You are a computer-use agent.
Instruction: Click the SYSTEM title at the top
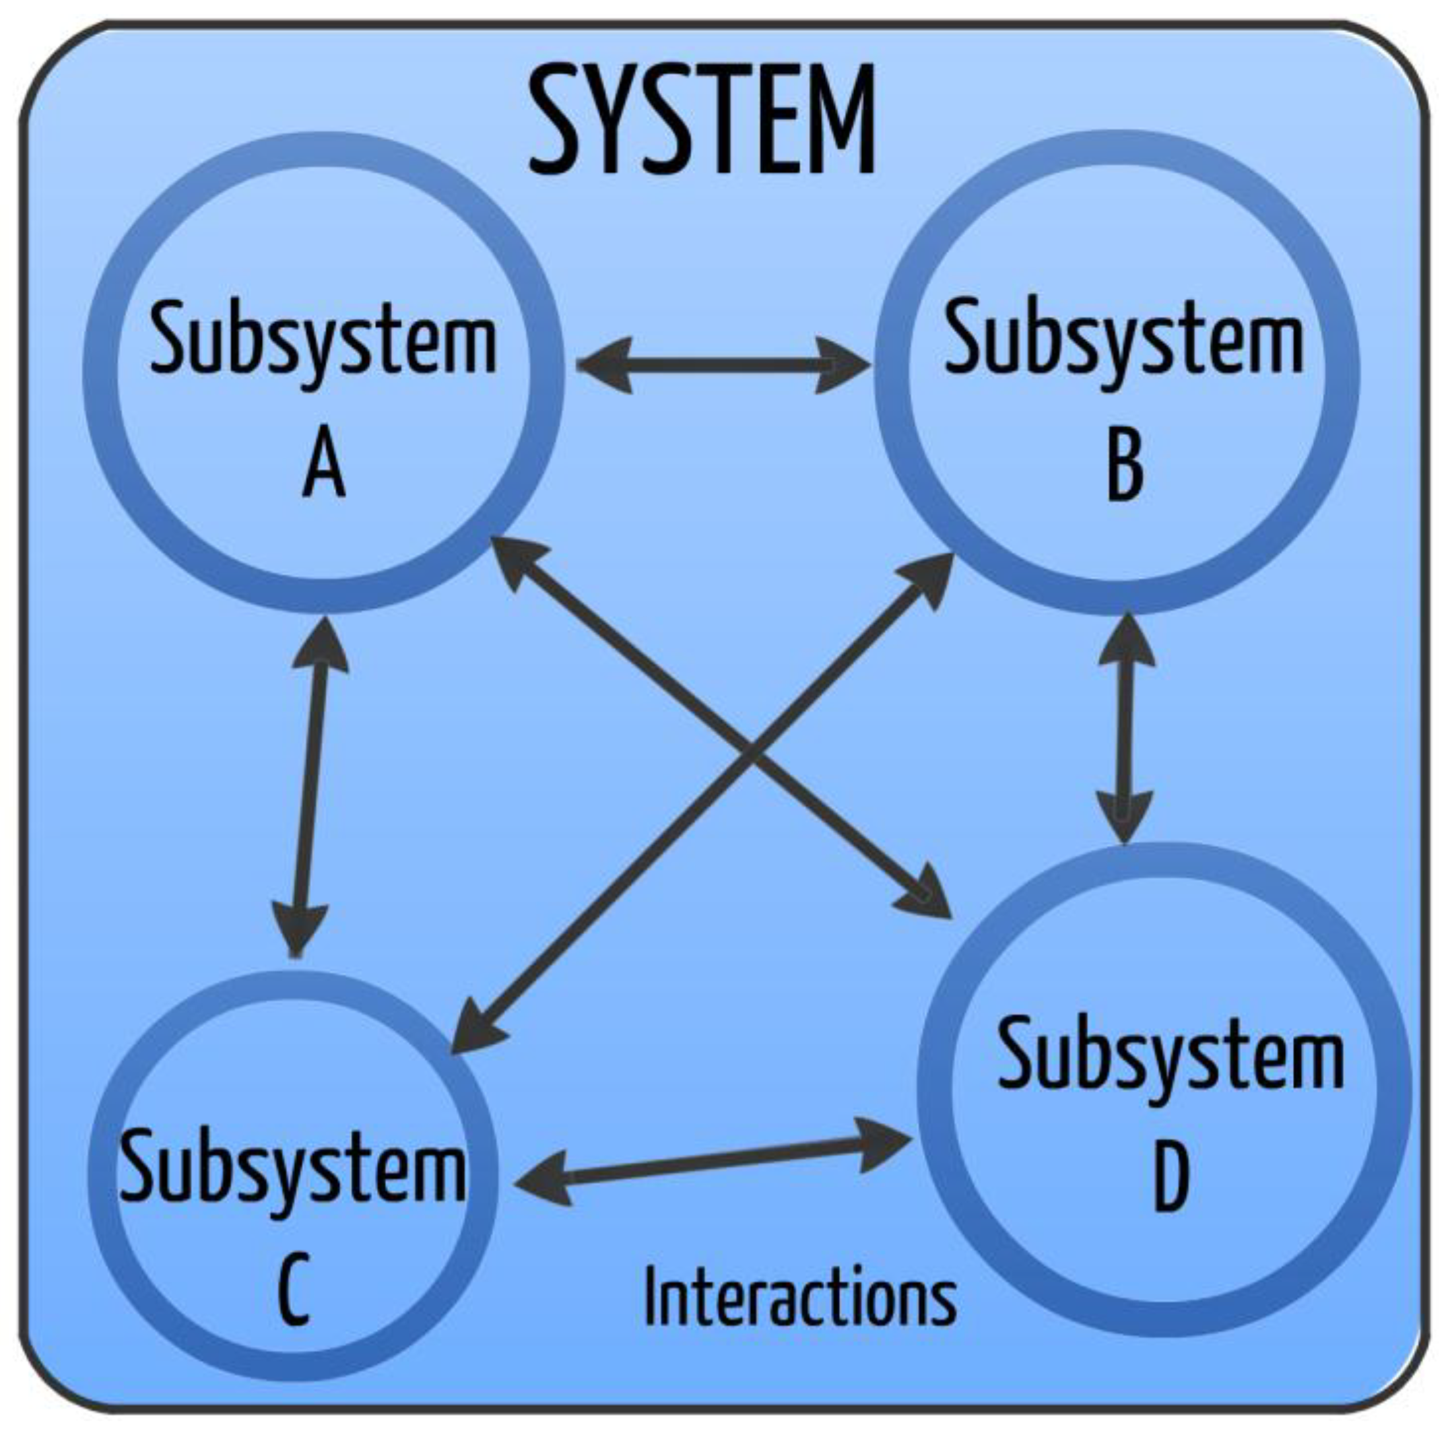[702, 120]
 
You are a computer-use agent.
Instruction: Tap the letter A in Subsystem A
[324, 467]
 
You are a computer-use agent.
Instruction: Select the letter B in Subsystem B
[1125, 469]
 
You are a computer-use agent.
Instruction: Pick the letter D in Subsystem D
[1170, 1178]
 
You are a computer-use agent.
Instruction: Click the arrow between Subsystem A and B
[724, 366]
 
